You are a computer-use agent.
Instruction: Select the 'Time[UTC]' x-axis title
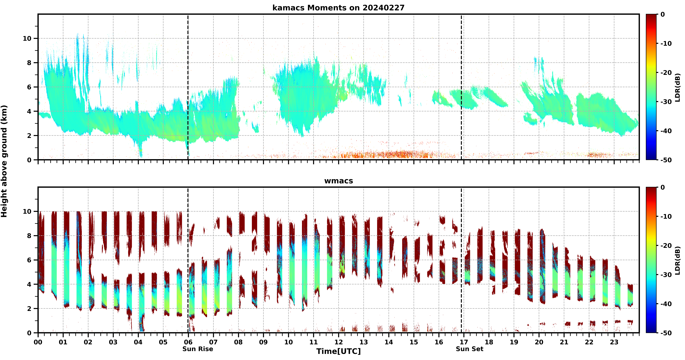[338, 351]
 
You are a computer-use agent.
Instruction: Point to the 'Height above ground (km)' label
[4, 161]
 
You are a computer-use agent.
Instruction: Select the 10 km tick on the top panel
[27, 39]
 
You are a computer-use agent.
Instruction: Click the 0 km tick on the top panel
[29, 160]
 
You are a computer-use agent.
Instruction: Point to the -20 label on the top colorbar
[666, 73]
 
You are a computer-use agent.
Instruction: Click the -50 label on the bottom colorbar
[666, 333]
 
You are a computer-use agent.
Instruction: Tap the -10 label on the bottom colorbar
[666, 216]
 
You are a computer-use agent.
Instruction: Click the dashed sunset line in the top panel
[461, 87]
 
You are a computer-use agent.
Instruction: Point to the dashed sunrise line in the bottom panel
[188, 260]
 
